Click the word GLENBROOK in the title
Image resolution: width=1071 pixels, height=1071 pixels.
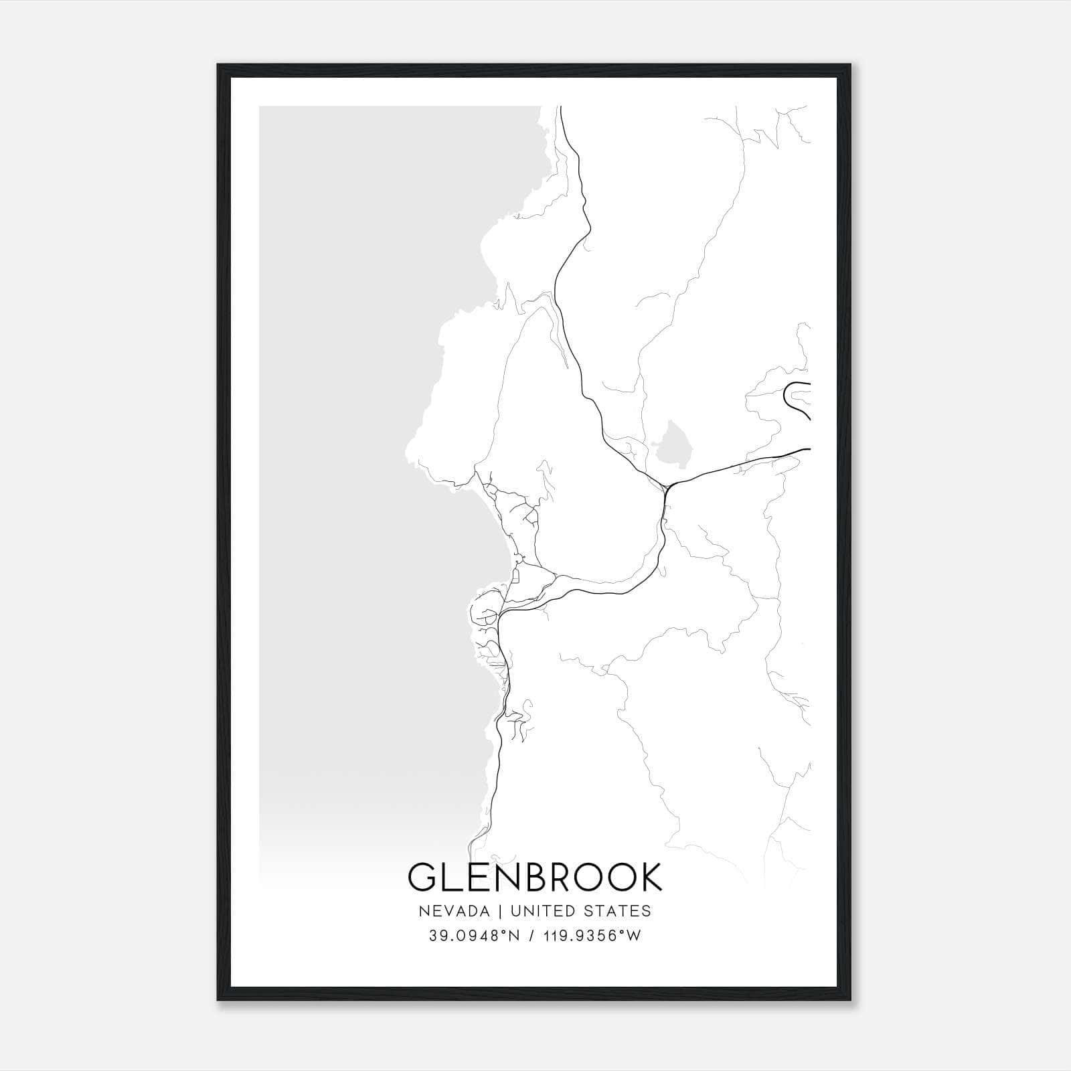pyautogui.click(x=535, y=878)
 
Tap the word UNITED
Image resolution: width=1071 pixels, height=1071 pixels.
pyautogui.click(x=540, y=910)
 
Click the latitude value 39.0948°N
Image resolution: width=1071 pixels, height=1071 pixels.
pyautogui.click(x=475, y=936)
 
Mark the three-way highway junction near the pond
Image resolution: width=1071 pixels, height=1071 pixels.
pyautogui.click(x=667, y=485)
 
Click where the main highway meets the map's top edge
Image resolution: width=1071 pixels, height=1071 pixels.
pyautogui.click(x=560, y=107)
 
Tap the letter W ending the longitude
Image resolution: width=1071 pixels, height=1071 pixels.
pyautogui.click(x=633, y=936)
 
